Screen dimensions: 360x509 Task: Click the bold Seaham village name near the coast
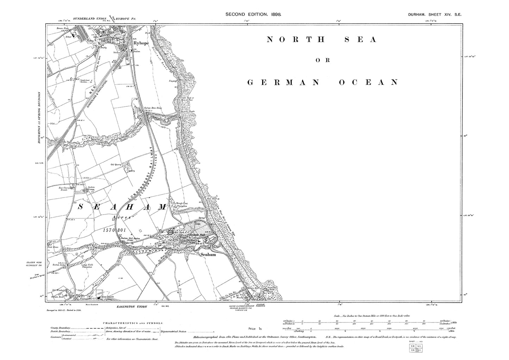click(207, 254)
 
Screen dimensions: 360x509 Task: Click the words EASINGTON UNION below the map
click(132, 307)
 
